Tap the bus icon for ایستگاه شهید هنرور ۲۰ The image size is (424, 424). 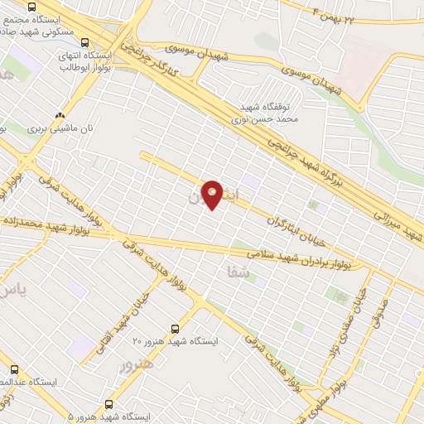(x=174, y=328)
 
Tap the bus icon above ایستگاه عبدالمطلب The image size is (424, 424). (x=13, y=369)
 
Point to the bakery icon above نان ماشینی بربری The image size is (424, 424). (x=60, y=116)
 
